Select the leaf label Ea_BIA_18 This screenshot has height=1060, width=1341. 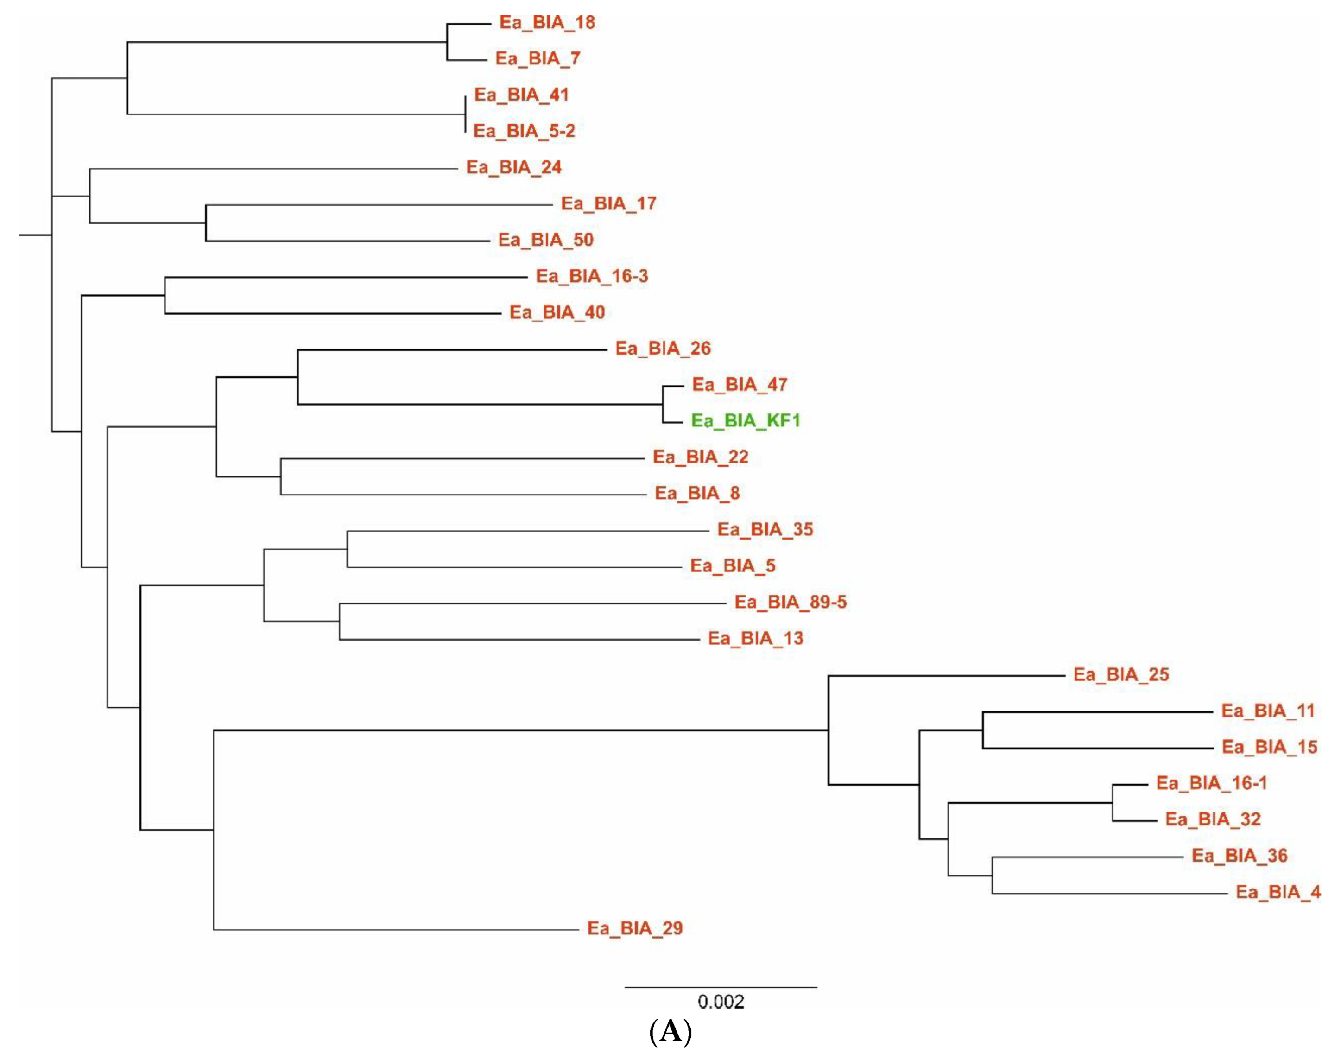[x=547, y=22]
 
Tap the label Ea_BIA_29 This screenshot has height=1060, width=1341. [x=635, y=928]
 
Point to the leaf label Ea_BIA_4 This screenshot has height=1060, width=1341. [x=1278, y=892]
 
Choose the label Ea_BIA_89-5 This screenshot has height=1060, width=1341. [x=790, y=602]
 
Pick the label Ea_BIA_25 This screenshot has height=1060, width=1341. [x=1121, y=674]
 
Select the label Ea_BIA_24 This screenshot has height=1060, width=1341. [x=513, y=168]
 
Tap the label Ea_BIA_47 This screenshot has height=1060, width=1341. [x=739, y=385]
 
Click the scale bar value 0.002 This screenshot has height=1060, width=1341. [x=721, y=1002]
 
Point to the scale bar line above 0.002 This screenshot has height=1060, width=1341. [x=721, y=987]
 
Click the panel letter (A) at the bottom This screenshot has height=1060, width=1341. [x=670, y=1031]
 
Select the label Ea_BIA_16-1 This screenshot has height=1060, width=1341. [x=1211, y=783]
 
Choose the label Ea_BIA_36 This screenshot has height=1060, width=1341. [x=1239, y=856]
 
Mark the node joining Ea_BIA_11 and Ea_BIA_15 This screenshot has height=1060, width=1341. [x=982, y=730]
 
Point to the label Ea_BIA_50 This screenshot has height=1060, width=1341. [x=545, y=240]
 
